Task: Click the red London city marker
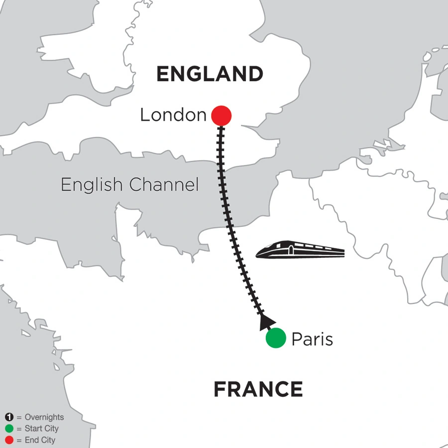click(x=222, y=116)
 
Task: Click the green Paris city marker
click(x=276, y=338)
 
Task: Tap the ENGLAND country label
click(x=210, y=74)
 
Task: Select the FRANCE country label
click(x=258, y=389)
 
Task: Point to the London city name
click(x=173, y=115)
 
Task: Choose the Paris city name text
click(x=312, y=339)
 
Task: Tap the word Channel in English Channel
click(x=164, y=185)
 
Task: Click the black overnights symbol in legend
click(x=8, y=417)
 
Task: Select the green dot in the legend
click(x=8, y=429)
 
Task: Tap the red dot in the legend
click(x=8, y=440)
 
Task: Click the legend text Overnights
click(x=44, y=418)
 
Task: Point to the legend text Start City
click(x=41, y=429)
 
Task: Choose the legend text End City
click(x=40, y=440)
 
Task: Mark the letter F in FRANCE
click(x=220, y=389)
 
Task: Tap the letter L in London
click(x=144, y=115)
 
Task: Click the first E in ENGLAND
click(x=163, y=74)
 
